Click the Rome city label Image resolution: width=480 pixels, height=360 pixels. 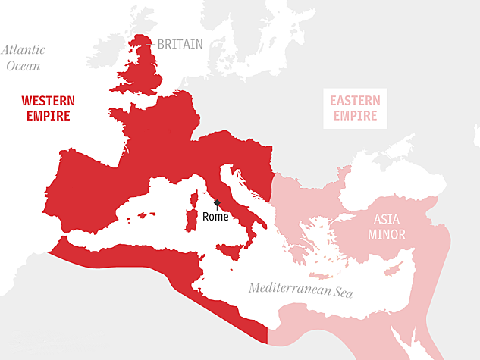215,217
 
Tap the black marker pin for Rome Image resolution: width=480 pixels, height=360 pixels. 216,203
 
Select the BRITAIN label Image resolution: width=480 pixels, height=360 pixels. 180,44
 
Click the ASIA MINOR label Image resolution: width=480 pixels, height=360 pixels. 387,227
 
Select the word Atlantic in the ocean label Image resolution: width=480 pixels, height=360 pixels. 23,50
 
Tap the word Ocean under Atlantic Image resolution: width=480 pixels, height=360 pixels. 23,66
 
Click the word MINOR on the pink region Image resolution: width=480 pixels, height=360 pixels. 387,235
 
